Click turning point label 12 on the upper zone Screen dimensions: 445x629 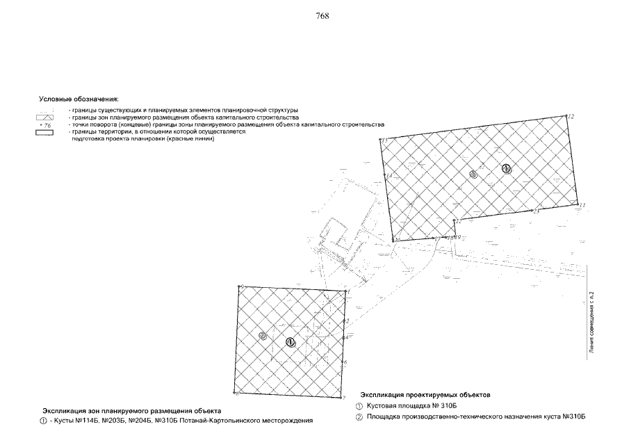(x=571, y=116)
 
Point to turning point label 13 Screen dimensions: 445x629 (x=384, y=141)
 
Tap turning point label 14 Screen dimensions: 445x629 (x=389, y=175)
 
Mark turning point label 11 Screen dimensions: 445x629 (x=582, y=205)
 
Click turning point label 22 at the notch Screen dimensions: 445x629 (x=458, y=220)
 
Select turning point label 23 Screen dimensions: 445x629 (x=536, y=211)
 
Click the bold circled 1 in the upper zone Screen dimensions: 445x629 (x=507, y=168)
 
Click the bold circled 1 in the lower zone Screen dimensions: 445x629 (x=290, y=341)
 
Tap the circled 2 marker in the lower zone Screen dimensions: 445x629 (x=263, y=336)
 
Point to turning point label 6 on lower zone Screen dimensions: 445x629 (x=345, y=363)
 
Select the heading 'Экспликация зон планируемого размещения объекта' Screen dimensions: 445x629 (x=132, y=411)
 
